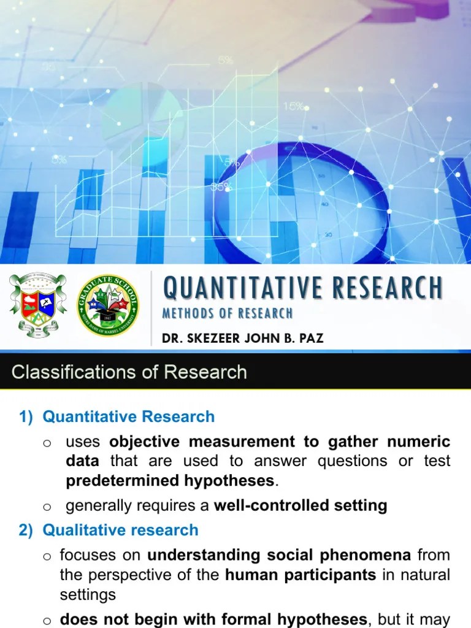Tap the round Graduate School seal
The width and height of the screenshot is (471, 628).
[x=107, y=305]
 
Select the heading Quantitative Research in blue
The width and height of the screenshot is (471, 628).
[x=128, y=416]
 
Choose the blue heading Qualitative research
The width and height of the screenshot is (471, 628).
[x=120, y=530]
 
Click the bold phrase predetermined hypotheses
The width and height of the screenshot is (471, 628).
[x=170, y=481]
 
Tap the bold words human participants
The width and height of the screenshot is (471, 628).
[x=301, y=575]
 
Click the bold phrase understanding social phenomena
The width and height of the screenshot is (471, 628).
[x=279, y=555]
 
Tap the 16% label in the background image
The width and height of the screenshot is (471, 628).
[x=294, y=106]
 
